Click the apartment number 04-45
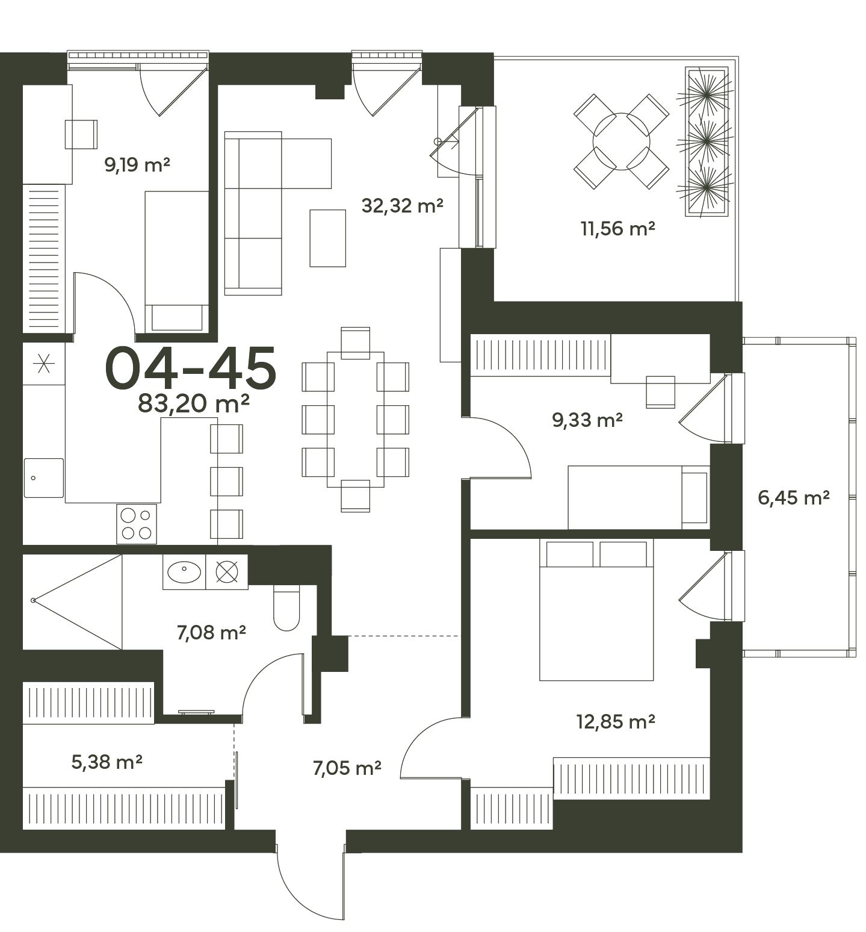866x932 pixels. [x=191, y=367]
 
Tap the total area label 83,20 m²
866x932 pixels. [x=194, y=403]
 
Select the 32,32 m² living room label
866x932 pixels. [x=403, y=206]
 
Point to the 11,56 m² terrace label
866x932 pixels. [x=617, y=229]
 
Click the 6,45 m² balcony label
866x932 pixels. [x=794, y=498]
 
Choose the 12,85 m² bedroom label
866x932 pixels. [x=616, y=721]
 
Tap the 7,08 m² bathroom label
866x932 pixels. [x=211, y=633]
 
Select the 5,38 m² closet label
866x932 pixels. [x=107, y=762]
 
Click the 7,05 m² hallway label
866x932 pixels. [x=347, y=768]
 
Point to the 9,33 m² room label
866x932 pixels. [x=587, y=420]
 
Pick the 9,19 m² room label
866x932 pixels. [x=138, y=164]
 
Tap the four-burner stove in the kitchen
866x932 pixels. [x=137, y=524]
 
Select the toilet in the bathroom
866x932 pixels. [x=286, y=607]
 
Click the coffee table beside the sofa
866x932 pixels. [x=328, y=238]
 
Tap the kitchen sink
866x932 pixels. [x=44, y=478]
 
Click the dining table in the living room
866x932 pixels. [x=356, y=420]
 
